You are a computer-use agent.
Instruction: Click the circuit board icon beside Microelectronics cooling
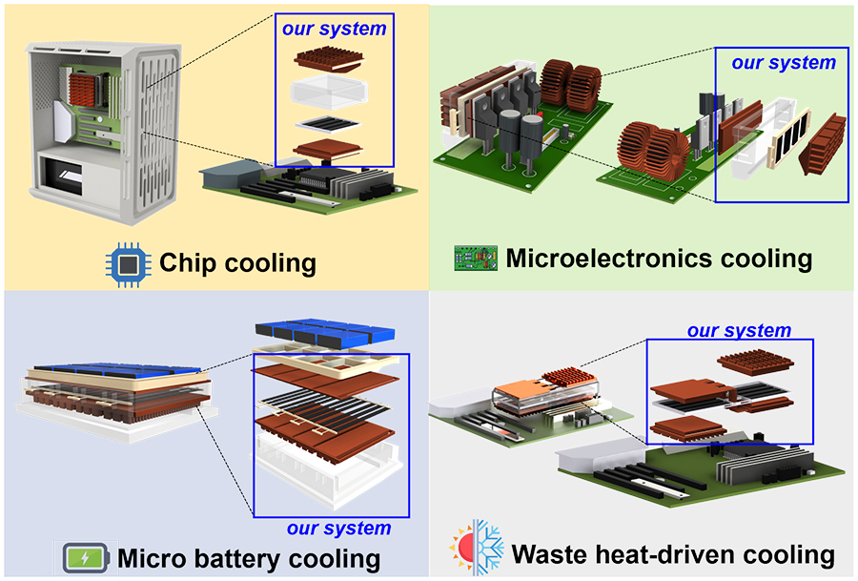coord(477,259)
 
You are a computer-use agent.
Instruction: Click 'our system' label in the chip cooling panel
coord(334,28)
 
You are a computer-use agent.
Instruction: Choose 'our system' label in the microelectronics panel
coord(784,63)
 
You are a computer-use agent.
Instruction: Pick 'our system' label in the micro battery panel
coord(338,528)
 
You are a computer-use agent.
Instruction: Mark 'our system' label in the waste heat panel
coord(740,331)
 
